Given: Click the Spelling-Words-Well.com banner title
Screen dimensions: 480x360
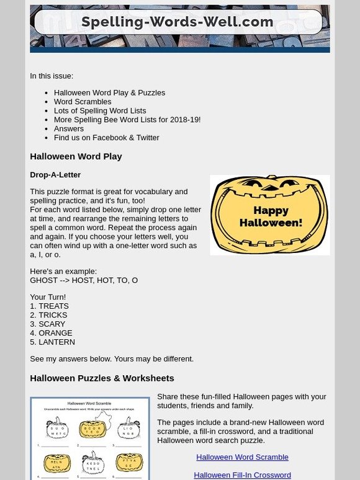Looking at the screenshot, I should point(178,22).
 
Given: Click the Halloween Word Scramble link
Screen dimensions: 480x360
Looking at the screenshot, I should point(242,457).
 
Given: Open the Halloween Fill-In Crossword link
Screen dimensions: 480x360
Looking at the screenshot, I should point(242,475).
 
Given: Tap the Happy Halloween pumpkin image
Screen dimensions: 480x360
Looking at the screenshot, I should point(269,215).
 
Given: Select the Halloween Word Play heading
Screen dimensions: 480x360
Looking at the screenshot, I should point(76,156).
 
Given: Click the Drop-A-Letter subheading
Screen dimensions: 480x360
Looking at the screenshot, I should point(55,175).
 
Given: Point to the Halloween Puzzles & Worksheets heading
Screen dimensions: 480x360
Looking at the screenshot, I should point(102,378).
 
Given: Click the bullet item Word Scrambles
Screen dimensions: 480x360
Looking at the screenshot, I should point(83,102).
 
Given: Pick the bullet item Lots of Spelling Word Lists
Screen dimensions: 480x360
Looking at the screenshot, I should point(100,110).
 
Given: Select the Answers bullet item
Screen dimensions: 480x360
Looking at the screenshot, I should point(69,128).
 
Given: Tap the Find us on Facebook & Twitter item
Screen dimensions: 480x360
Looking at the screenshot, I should point(107,138).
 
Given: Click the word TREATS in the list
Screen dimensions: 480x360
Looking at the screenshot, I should point(53,306).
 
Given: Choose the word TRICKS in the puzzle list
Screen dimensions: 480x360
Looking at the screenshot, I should point(53,315).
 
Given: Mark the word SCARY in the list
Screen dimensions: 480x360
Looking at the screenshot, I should point(52,324).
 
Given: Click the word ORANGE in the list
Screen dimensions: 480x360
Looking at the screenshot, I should point(55,333).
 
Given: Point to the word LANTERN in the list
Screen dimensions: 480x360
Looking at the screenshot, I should point(56,342).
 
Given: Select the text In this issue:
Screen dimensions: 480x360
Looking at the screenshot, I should point(52,76).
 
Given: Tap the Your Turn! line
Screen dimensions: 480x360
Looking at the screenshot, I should point(48,297).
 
